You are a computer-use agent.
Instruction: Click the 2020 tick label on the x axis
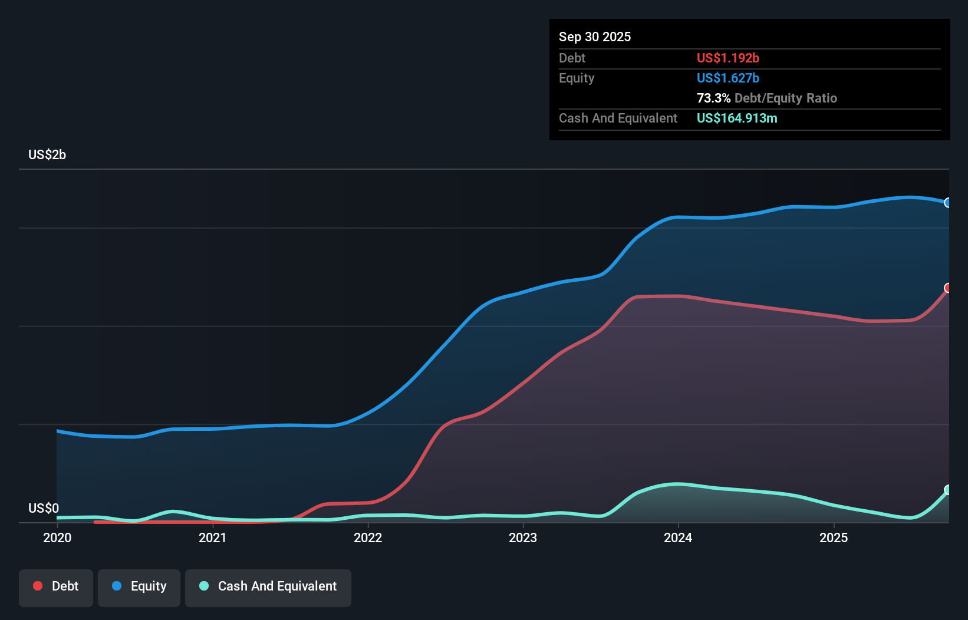(57, 537)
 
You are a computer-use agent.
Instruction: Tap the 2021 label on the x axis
(213, 537)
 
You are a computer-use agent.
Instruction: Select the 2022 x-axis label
(368, 537)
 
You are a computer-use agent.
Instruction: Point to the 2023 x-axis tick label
(523, 537)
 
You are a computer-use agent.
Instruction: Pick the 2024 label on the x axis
(678, 537)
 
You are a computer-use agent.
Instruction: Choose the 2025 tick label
(834, 537)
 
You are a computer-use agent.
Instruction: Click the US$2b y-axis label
(47, 155)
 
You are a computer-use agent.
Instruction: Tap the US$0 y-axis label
(44, 508)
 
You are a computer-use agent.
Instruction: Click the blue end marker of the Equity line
(948, 203)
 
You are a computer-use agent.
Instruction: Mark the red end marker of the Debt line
(948, 288)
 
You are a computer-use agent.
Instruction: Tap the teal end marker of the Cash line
(948, 490)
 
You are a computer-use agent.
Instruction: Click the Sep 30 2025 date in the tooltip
(595, 37)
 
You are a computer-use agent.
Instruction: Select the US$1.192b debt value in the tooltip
(727, 58)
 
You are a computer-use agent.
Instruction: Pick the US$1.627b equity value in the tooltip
(727, 78)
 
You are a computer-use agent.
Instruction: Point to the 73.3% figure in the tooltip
(713, 98)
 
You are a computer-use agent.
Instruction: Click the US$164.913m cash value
(737, 118)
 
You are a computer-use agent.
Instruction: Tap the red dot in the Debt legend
(38, 586)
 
